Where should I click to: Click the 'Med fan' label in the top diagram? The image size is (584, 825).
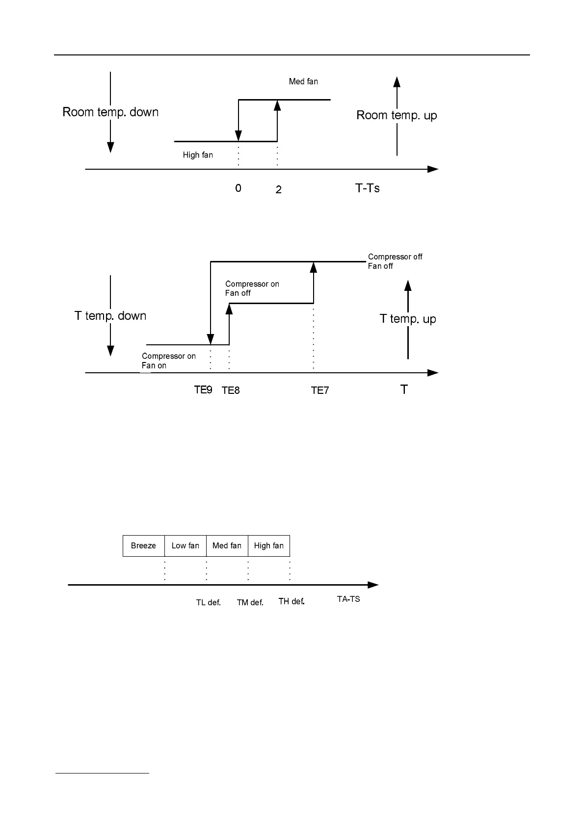pyautogui.click(x=303, y=81)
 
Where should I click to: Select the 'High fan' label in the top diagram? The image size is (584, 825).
pyautogui.click(x=198, y=155)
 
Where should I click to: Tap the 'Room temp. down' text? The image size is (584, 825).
pyautogui.click(x=110, y=112)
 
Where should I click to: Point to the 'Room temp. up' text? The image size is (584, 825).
pyautogui.click(x=397, y=115)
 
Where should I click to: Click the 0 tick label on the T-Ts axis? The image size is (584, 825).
pyautogui.click(x=238, y=188)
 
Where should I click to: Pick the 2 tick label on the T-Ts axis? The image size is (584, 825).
pyautogui.click(x=278, y=190)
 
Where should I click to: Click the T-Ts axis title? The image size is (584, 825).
pyautogui.click(x=367, y=188)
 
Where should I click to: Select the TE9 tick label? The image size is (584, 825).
pyautogui.click(x=203, y=390)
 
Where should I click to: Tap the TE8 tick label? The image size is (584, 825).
pyautogui.click(x=231, y=390)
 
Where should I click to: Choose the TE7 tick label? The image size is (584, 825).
pyautogui.click(x=320, y=390)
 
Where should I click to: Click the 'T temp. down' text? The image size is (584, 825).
pyautogui.click(x=110, y=316)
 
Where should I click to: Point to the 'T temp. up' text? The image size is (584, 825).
pyautogui.click(x=408, y=319)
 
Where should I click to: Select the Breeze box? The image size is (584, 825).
pyautogui.click(x=143, y=546)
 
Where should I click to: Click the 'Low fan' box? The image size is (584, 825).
pyautogui.click(x=186, y=546)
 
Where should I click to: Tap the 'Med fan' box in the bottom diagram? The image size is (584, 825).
pyautogui.click(x=227, y=546)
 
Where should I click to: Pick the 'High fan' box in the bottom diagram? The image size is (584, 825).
pyautogui.click(x=269, y=546)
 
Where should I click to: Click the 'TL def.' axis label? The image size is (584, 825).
pyautogui.click(x=209, y=602)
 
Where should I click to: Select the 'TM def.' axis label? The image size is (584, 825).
pyautogui.click(x=250, y=602)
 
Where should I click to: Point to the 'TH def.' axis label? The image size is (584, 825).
pyautogui.click(x=292, y=601)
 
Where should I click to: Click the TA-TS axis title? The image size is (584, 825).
pyautogui.click(x=348, y=599)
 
